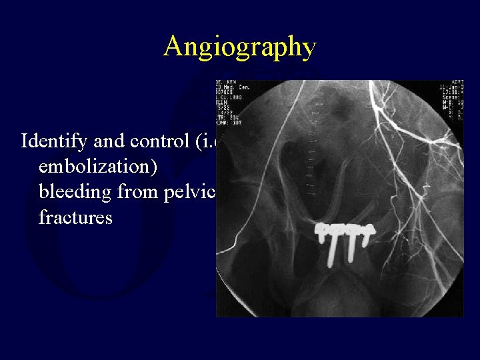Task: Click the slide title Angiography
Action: [x=239, y=47]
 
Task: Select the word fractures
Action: [x=75, y=217]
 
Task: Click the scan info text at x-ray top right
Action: [x=451, y=100]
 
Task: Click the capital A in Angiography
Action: [x=173, y=47]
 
